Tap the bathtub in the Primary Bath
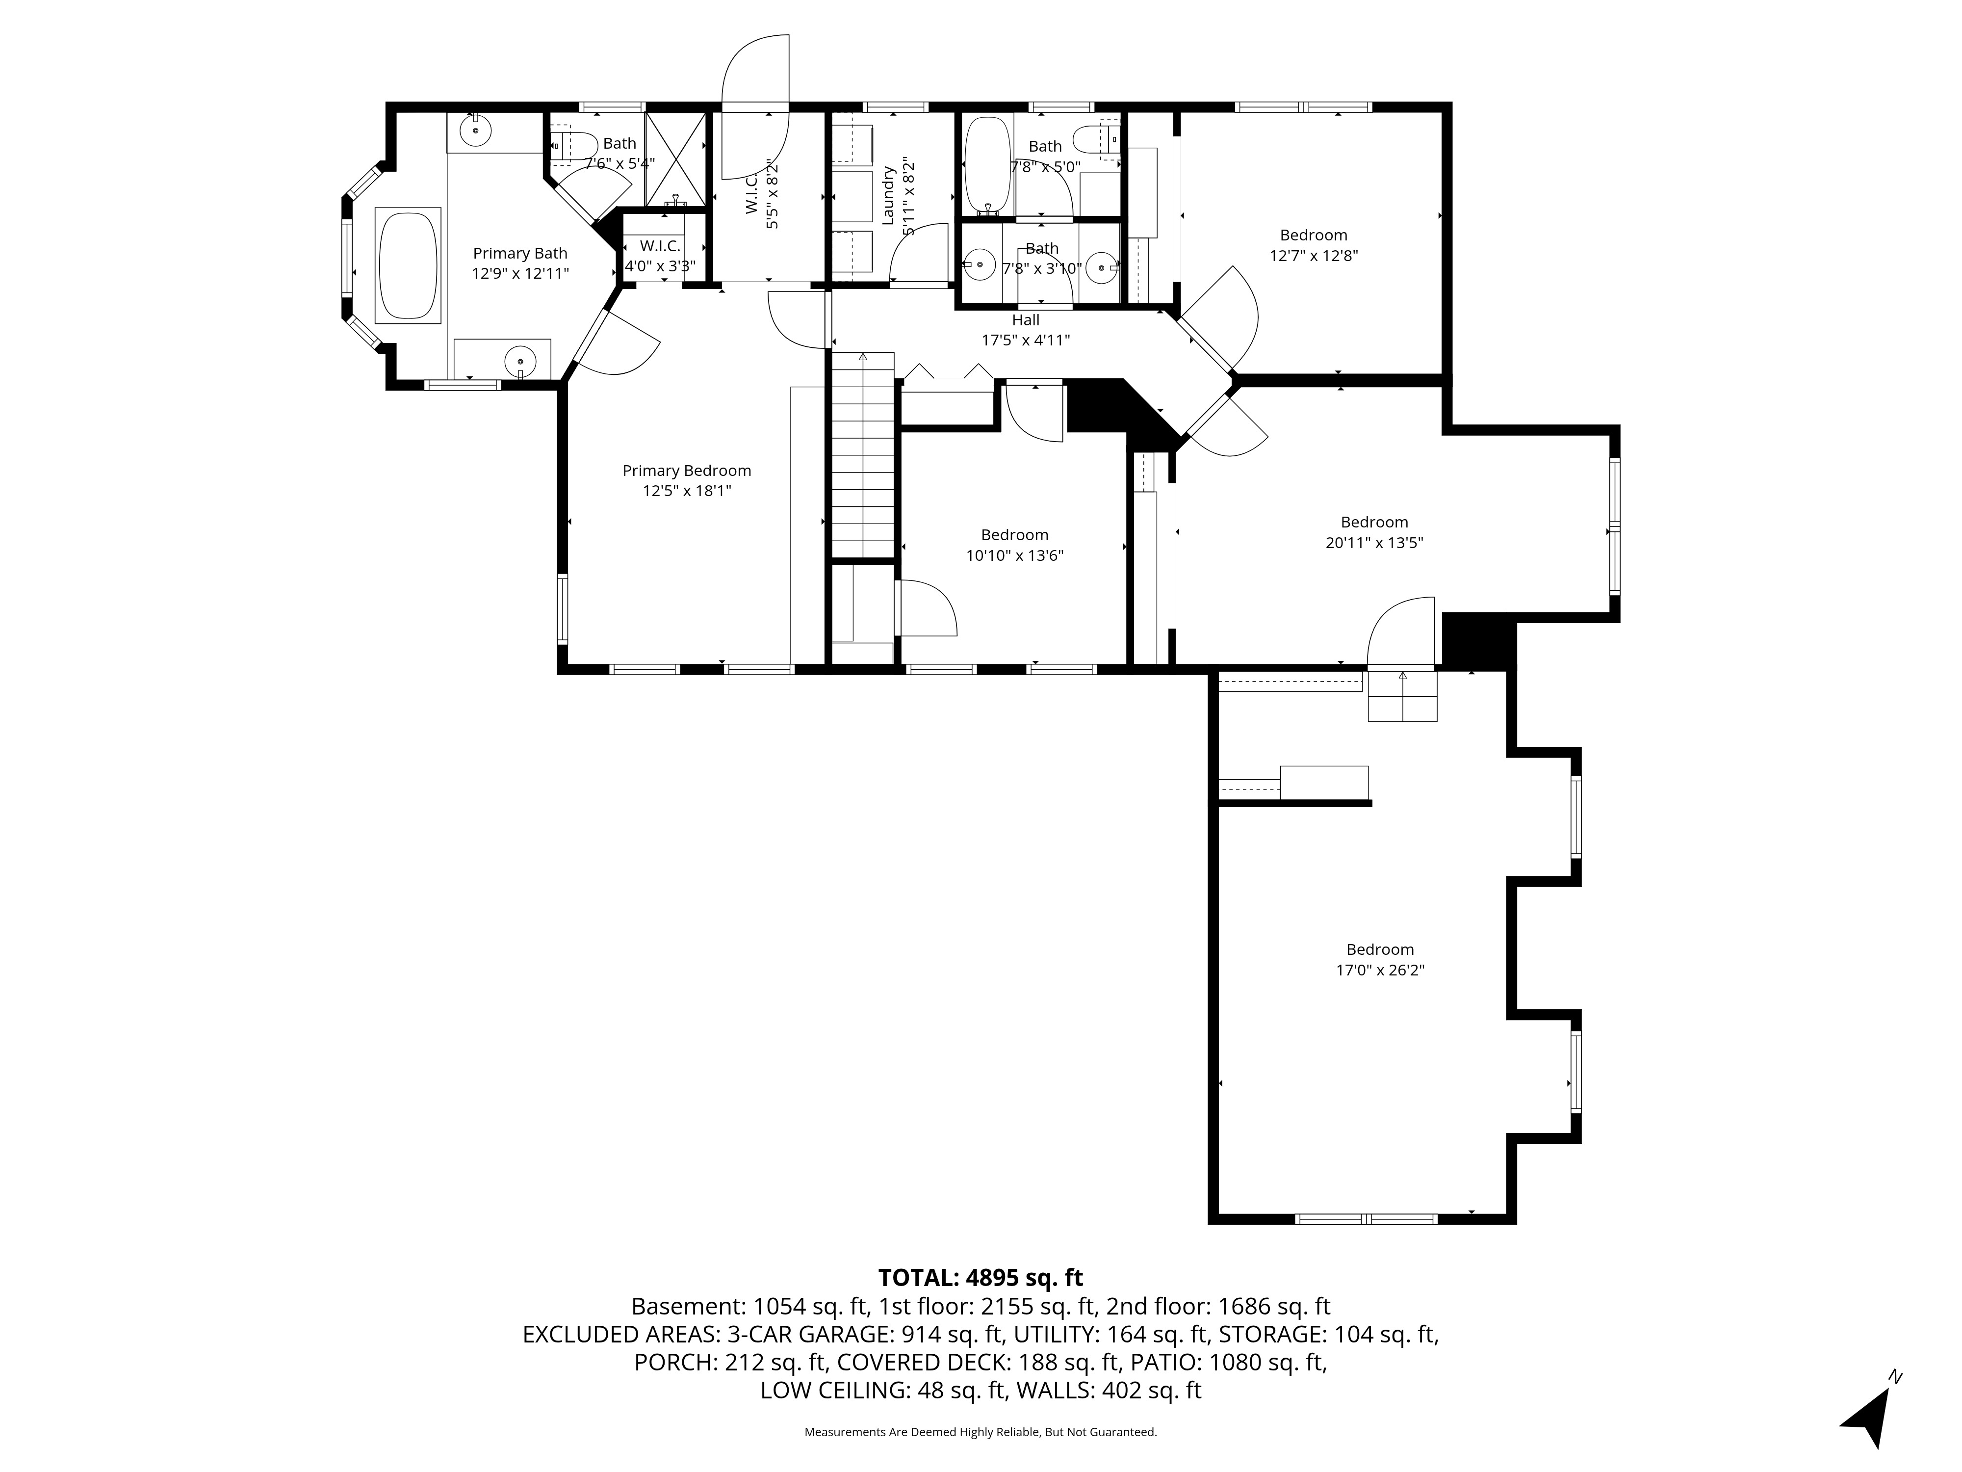point(408,265)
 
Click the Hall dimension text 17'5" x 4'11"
point(1025,340)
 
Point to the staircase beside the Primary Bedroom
point(862,454)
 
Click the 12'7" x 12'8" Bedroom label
point(1314,235)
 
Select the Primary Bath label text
point(520,254)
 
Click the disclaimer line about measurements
point(980,1432)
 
